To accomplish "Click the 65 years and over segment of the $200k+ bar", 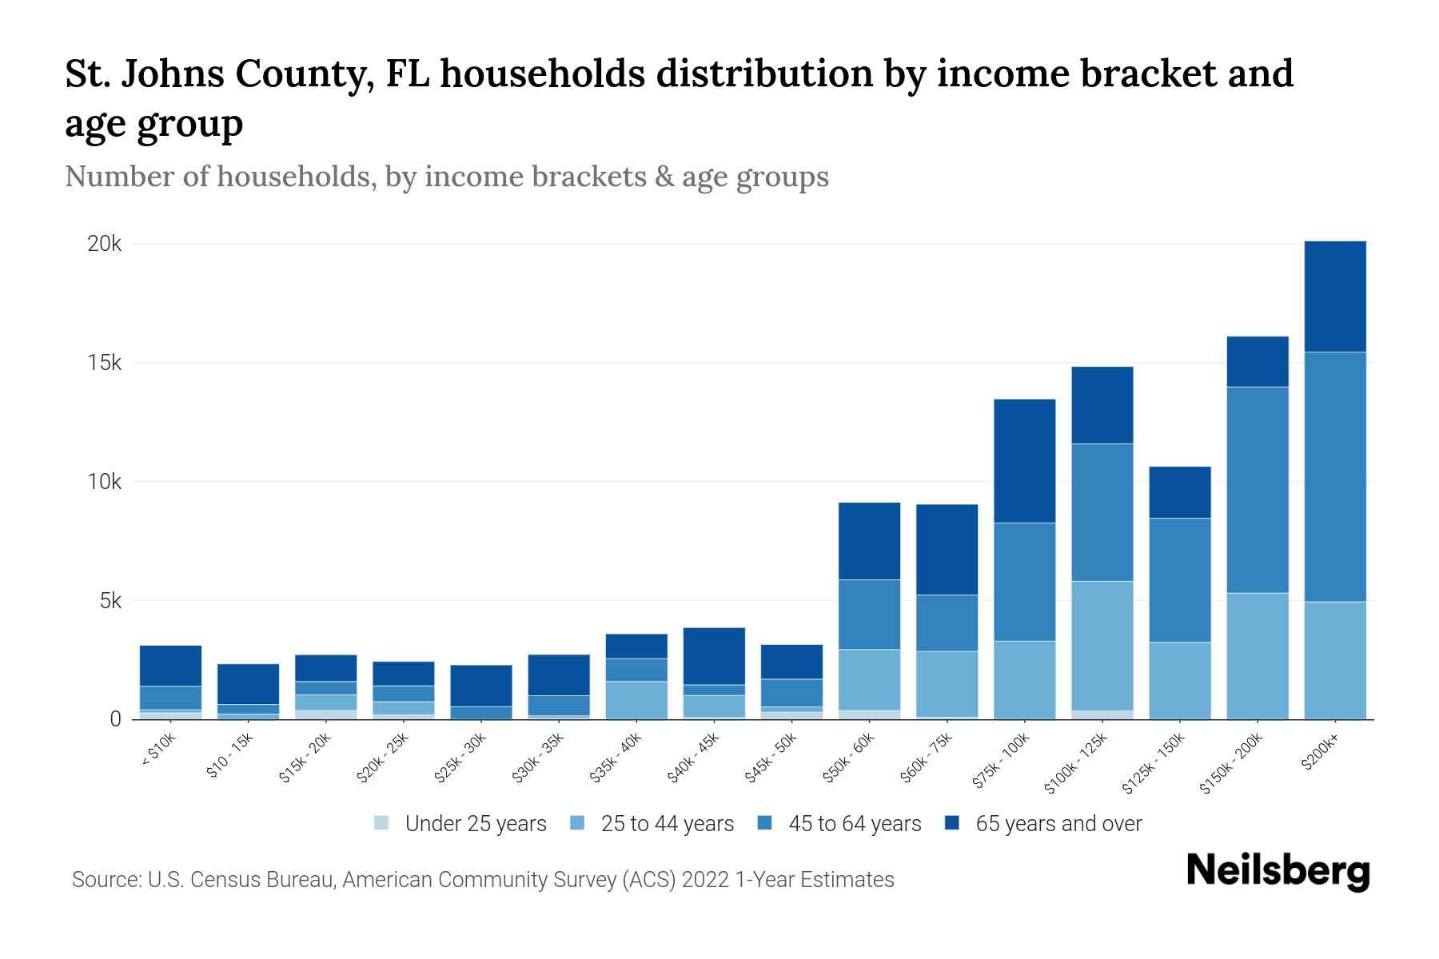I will coord(1334,296).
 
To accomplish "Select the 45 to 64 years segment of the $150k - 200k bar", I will coord(1257,490).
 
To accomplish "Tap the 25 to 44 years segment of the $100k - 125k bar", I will coord(1102,646).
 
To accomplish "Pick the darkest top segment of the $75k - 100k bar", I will coord(1024,461).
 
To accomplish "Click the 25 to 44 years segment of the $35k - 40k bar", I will coord(636,700).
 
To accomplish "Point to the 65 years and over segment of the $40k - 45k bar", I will coord(714,656).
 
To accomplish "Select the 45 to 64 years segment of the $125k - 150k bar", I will coord(1179,580).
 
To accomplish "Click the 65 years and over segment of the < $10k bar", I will coord(170,666).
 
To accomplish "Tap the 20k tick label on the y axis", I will coord(104,244).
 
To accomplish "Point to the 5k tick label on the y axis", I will coord(110,601).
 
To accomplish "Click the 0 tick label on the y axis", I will coord(116,719).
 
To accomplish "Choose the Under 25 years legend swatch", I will coord(382,823).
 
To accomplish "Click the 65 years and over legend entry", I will coord(1058,823).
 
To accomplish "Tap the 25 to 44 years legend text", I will coord(667,823).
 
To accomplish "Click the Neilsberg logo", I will coord(1278,870).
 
